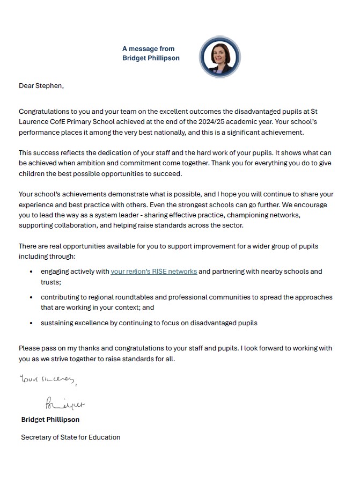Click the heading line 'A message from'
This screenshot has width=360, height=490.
pos(148,49)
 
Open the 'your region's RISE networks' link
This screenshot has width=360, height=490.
pos(154,272)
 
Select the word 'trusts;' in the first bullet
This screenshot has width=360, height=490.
pos(52,282)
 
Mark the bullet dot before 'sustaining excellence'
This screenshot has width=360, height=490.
pos(33,323)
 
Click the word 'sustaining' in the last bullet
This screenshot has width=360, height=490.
pos(57,323)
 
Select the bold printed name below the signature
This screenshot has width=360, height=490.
pos(50,419)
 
